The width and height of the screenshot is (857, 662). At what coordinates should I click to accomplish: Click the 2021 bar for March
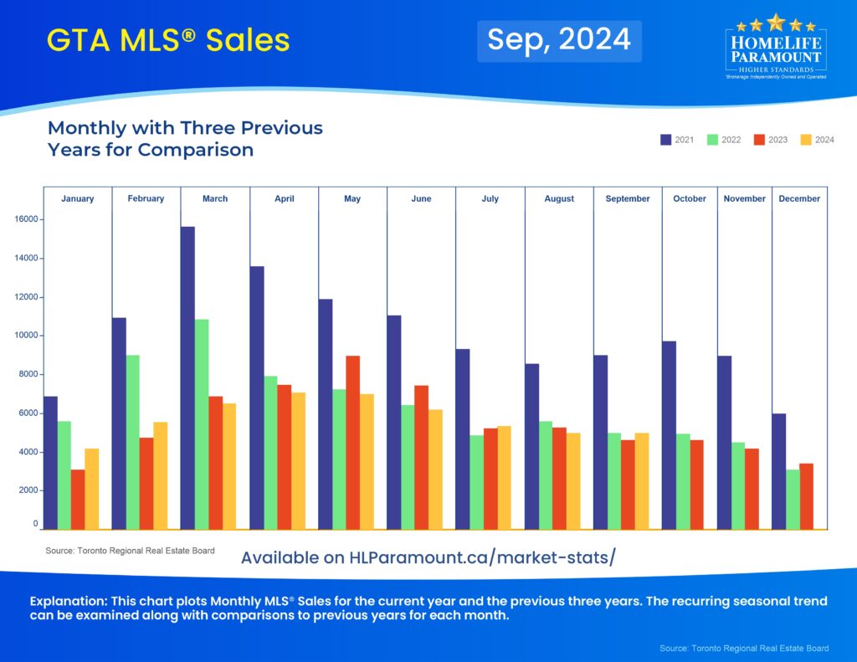[x=187, y=377]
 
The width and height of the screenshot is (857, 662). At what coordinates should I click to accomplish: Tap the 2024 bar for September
[x=641, y=480]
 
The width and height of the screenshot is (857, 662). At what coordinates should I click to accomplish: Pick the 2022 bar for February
[x=132, y=442]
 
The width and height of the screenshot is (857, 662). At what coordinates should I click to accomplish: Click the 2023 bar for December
[x=806, y=495]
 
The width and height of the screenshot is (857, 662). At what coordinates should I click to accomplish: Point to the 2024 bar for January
[x=91, y=489]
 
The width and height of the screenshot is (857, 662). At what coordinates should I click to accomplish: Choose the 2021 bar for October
[x=669, y=434]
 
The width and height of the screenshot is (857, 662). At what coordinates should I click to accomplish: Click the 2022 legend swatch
[x=713, y=140]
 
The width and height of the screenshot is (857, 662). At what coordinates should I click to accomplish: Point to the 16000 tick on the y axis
[x=28, y=219]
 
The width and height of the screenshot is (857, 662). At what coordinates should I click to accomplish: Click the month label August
[x=559, y=199]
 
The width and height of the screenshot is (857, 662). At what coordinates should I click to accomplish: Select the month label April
[x=284, y=199]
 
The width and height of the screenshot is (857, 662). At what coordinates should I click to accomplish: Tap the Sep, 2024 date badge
[x=559, y=39]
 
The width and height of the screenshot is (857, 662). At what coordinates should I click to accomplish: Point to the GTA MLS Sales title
[x=168, y=39]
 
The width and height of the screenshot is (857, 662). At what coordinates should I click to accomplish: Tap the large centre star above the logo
[x=776, y=21]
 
